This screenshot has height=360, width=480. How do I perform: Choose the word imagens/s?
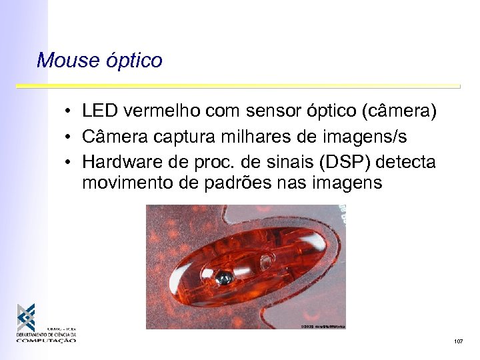(x=365, y=137)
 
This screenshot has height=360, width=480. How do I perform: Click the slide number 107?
(x=458, y=341)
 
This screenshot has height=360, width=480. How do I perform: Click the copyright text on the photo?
(x=323, y=326)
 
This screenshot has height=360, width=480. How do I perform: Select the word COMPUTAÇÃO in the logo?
(x=47, y=340)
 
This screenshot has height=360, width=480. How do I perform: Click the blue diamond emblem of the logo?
(x=27, y=317)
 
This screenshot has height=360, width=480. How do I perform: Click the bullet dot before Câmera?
(x=69, y=138)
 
